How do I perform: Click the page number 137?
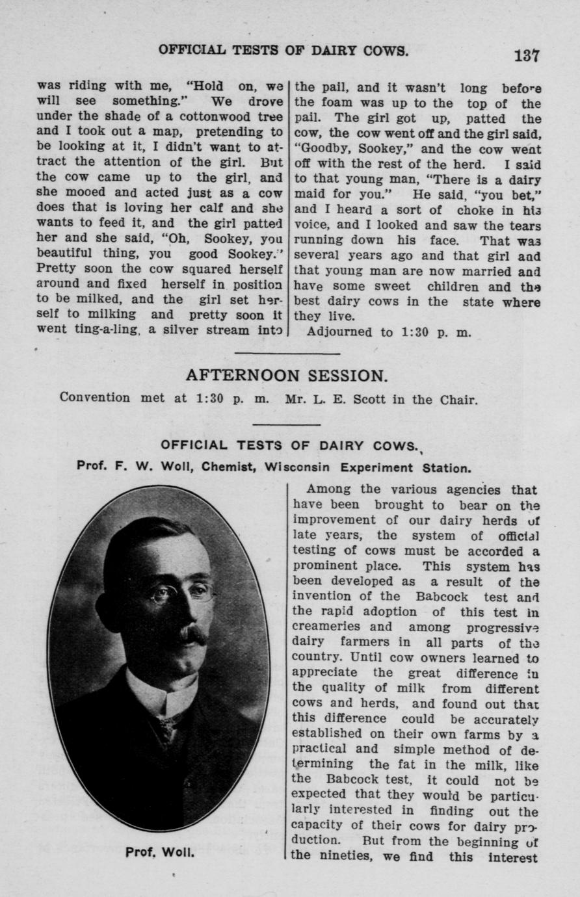[x=525, y=56]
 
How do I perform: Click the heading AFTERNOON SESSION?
[x=287, y=376]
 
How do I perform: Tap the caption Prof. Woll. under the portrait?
[x=160, y=852]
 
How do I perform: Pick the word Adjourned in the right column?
[x=339, y=332]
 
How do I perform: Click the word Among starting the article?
[x=328, y=489]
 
